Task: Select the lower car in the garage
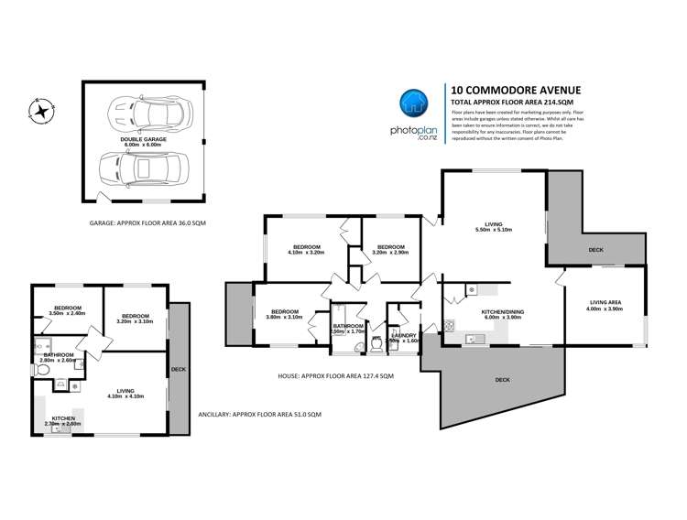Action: tap(143, 168)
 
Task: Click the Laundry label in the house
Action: tap(404, 336)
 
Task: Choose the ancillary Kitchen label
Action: tap(63, 419)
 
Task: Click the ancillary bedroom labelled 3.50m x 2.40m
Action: tap(70, 310)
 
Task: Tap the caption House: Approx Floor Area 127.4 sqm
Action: tap(361, 376)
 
